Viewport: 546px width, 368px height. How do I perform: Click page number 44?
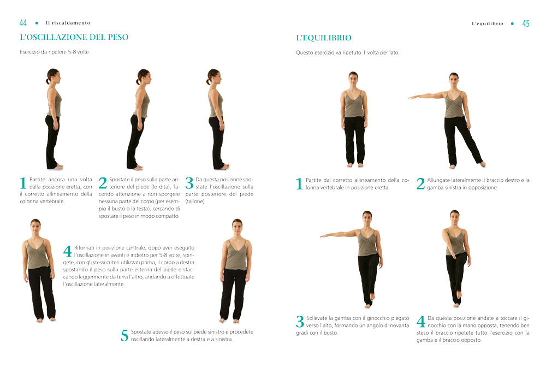point(23,23)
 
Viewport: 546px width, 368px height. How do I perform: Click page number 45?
point(526,23)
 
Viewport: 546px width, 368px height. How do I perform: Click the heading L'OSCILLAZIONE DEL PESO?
point(74,37)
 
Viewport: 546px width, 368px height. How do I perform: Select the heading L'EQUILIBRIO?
point(323,38)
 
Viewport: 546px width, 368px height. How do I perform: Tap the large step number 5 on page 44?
point(124,335)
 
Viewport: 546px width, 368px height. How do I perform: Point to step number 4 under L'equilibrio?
point(420,322)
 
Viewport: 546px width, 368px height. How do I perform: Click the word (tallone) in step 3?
point(195,201)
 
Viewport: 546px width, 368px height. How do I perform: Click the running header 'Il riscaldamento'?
point(68,23)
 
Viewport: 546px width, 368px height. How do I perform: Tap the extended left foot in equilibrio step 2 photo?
point(482,163)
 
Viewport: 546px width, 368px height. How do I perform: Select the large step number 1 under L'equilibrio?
point(299,184)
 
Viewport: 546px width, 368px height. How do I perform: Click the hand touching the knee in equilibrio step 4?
point(453,256)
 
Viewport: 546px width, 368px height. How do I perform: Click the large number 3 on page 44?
point(189,183)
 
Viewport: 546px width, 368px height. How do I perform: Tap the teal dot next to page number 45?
point(512,23)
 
